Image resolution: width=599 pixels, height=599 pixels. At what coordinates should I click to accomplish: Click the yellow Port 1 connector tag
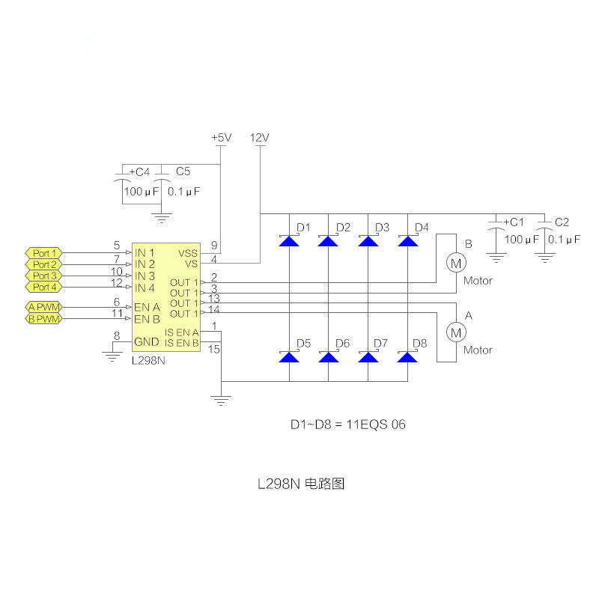tap(44, 253)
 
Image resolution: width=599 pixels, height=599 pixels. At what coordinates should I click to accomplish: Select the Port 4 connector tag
tap(44, 287)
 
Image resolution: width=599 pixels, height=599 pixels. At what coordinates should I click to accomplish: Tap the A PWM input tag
tap(44, 307)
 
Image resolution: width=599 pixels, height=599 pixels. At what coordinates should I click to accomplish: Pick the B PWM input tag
tap(44, 319)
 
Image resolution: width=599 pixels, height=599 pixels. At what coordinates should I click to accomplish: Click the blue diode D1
tap(289, 241)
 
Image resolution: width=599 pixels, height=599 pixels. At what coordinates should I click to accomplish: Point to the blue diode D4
tap(407, 241)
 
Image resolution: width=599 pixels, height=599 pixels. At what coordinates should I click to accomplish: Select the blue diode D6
tap(329, 357)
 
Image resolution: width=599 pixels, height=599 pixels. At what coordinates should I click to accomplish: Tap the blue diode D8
tap(407, 357)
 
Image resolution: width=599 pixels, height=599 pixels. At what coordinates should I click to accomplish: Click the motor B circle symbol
tap(456, 263)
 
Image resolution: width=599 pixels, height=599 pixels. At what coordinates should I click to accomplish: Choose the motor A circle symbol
tap(456, 332)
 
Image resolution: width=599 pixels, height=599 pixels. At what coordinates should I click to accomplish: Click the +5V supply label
tap(222, 138)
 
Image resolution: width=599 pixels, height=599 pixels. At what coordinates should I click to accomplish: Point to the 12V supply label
tap(260, 138)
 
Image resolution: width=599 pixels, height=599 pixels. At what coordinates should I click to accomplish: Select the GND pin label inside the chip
tap(146, 342)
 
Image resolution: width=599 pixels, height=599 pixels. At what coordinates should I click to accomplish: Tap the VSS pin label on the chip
tap(188, 253)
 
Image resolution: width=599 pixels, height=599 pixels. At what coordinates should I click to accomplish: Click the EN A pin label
tap(147, 307)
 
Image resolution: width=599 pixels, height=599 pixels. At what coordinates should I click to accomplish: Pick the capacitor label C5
tap(183, 171)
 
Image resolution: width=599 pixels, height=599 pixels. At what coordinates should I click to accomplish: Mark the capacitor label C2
tap(562, 222)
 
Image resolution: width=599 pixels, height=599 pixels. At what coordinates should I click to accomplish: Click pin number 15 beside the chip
tap(214, 349)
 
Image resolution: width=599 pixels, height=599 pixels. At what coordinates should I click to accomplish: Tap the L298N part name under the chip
tap(148, 361)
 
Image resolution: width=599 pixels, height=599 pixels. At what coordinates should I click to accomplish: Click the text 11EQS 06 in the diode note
tap(376, 425)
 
